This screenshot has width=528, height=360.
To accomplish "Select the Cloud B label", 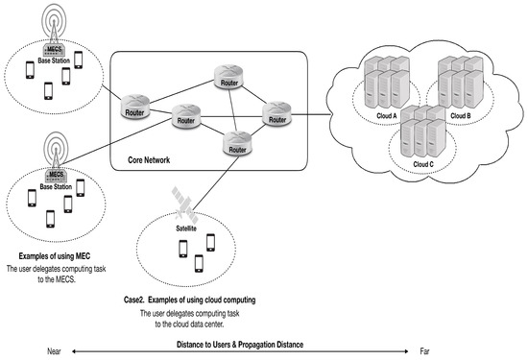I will (462, 115).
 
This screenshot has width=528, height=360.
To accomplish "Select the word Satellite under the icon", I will (186, 229).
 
